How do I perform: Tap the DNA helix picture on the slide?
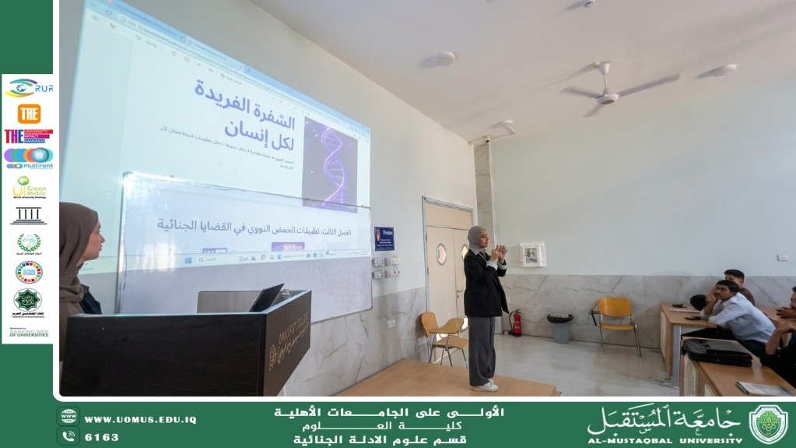click(x=331, y=164)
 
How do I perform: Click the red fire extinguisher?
click(x=516, y=322)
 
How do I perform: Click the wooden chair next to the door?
click(x=443, y=334)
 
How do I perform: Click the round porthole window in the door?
click(x=441, y=254)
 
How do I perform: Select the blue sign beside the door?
click(x=384, y=238)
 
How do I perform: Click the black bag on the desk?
click(x=717, y=352)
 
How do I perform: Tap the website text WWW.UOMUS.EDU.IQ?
click(x=140, y=420)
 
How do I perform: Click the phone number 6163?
click(x=101, y=437)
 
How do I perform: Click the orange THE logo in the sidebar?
click(x=29, y=114)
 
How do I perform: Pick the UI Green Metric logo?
click(x=30, y=186)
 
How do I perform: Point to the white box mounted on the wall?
click(x=532, y=255)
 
